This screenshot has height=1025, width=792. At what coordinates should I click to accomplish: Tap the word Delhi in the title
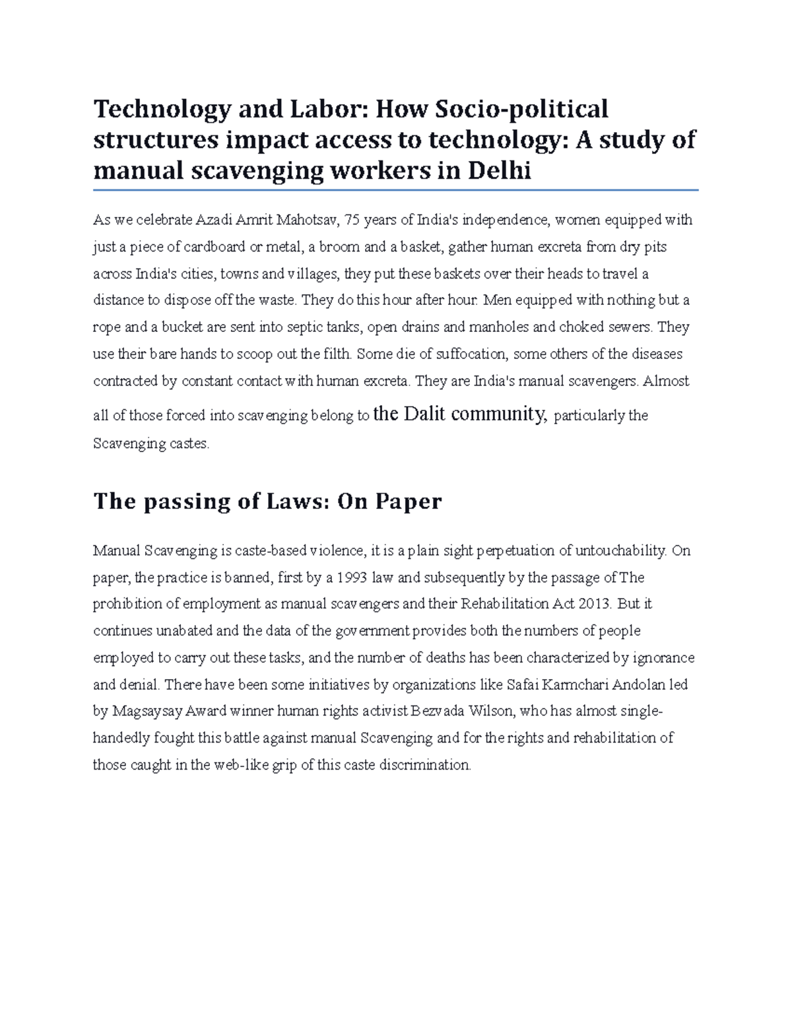[500, 172]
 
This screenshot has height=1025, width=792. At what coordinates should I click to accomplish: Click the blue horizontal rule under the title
[395, 190]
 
